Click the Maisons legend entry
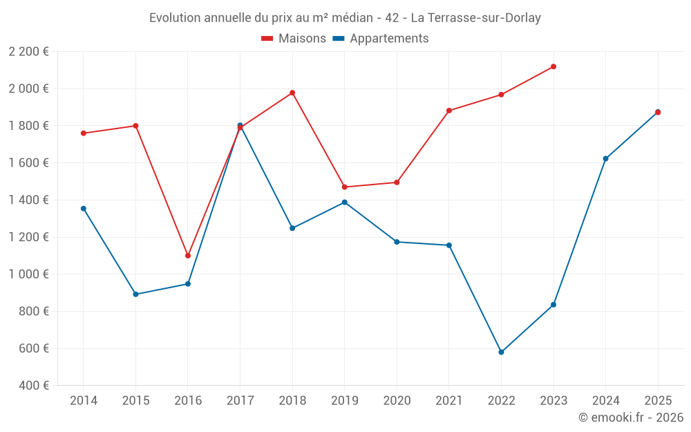(x=294, y=39)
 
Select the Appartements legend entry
(x=381, y=39)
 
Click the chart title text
(x=345, y=18)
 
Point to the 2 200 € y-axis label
(x=28, y=52)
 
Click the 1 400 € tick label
(x=28, y=200)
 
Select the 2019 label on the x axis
(x=344, y=400)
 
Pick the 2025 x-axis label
(x=658, y=400)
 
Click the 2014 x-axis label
(x=84, y=400)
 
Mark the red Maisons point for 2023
(x=553, y=67)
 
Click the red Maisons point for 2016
(x=188, y=256)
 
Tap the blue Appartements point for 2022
(x=501, y=353)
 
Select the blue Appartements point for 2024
(x=606, y=159)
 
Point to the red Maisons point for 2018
(x=292, y=93)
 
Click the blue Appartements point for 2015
(x=135, y=294)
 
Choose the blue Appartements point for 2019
(x=345, y=203)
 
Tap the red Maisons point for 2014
(x=84, y=133)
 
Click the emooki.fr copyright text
(x=630, y=417)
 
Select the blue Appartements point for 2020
(x=397, y=242)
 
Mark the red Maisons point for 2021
(x=449, y=111)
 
